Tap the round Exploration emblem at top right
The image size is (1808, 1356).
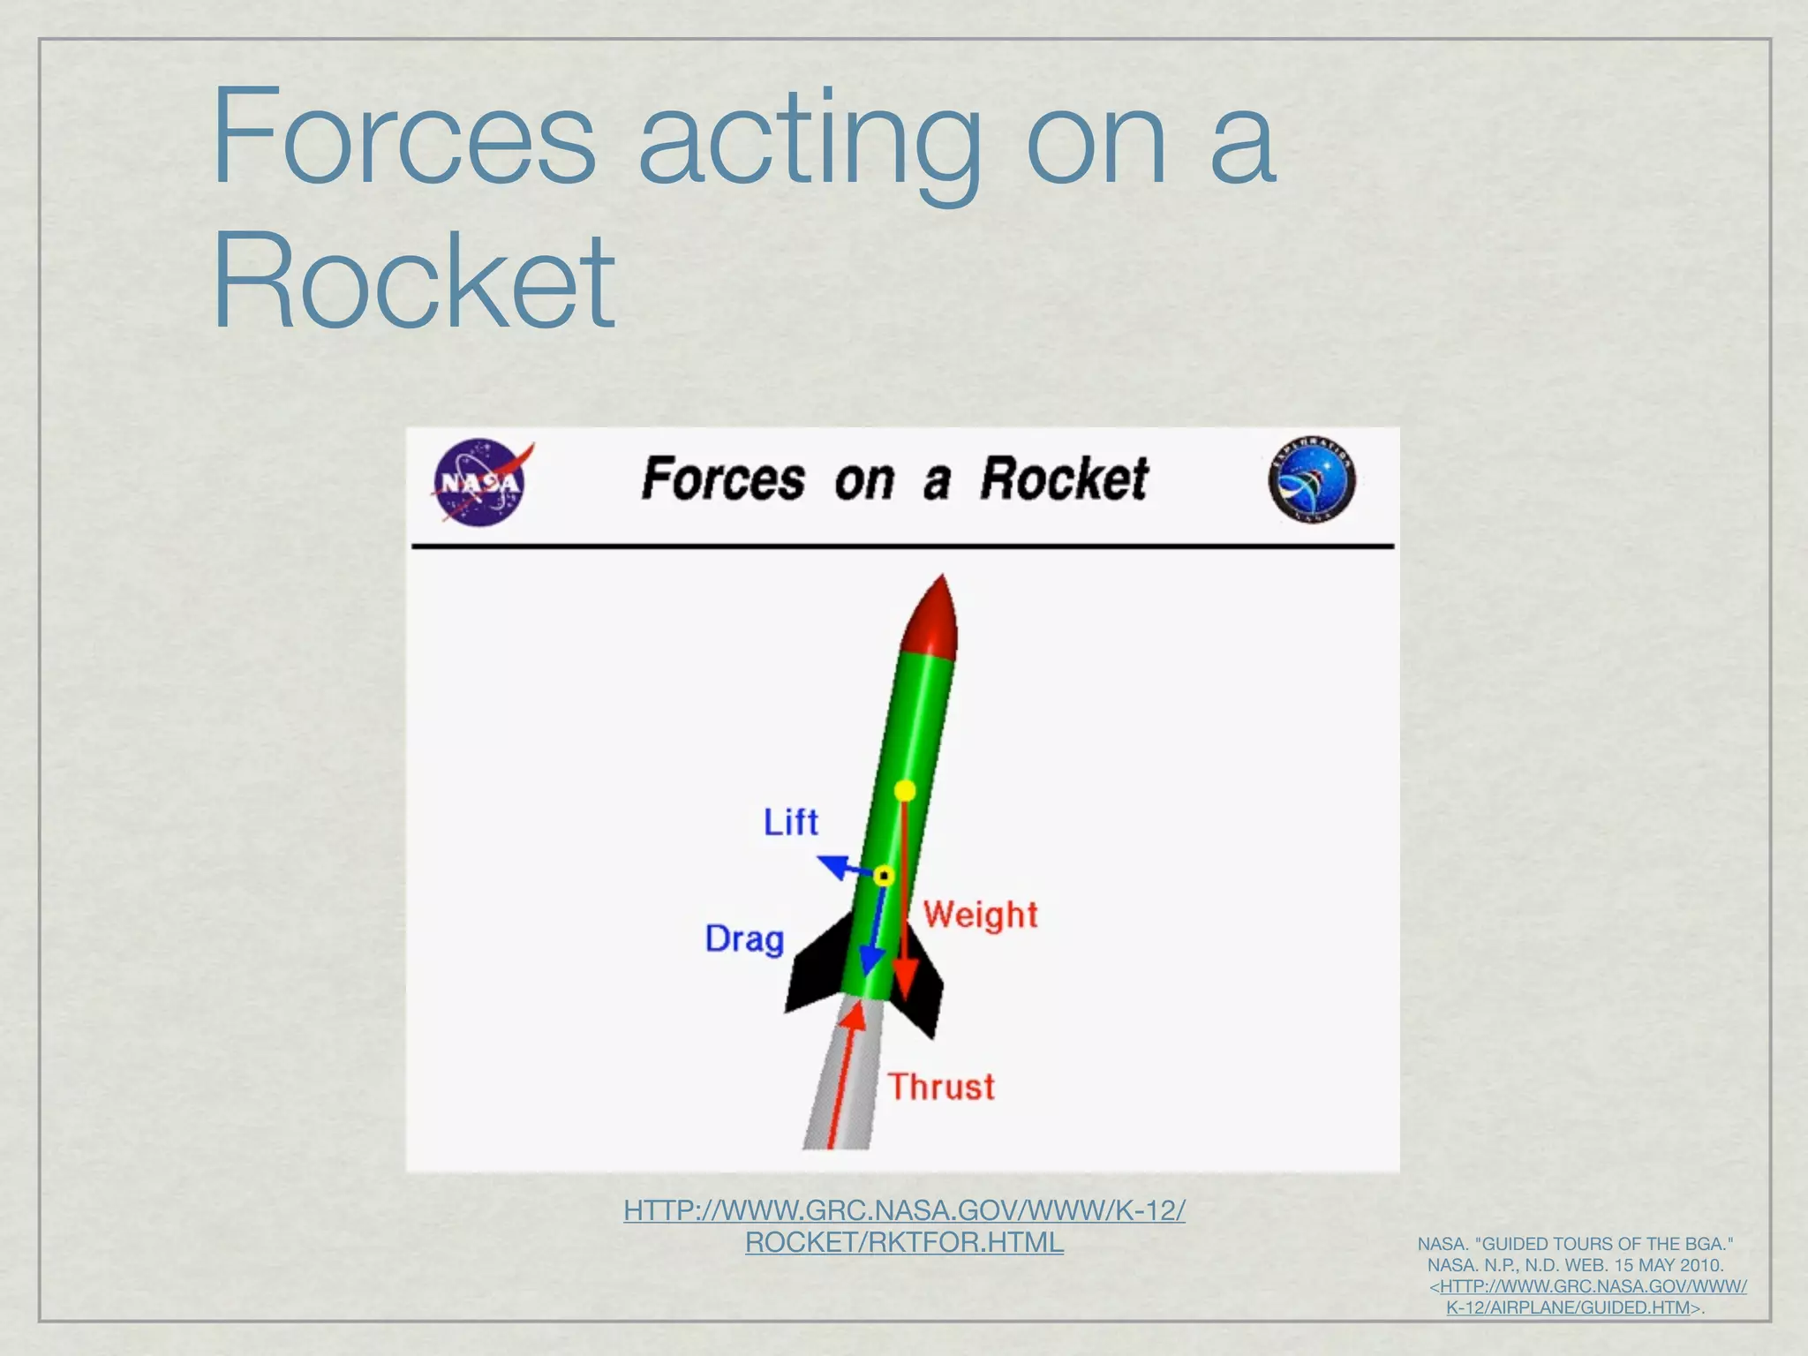click(x=1312, y=480)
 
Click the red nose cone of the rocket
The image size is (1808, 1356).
click(x=934, y=619)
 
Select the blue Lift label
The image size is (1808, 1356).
click(x=791, y=822)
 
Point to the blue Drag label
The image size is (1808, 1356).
click(x=744, y=938)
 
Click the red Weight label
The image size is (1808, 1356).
click(x=980, y=915)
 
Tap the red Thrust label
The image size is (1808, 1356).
click(x=941, y=1087)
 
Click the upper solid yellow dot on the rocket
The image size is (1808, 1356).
click(x=905, y=790)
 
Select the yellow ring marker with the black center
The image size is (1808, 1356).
click(x=884, y=876)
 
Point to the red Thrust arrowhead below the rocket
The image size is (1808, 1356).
click(x=853, y=1017)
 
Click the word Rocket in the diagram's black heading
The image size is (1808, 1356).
click(x=1064, y=479)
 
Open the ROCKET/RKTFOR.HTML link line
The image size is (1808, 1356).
click(x=904, y=1242)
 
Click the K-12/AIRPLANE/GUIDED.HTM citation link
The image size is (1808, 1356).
click(x=1568, y=1307)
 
